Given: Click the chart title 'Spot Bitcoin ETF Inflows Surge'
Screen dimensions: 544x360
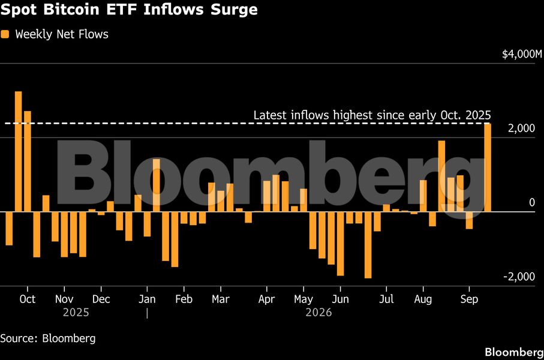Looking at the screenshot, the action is pyautogui.click(x=129, y=10).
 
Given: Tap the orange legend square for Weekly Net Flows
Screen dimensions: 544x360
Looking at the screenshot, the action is pyautogui.click(x=5, y=34).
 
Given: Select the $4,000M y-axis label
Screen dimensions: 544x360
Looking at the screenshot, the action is pyautogui.click(x=521, y=54).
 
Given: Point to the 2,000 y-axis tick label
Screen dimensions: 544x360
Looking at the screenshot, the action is pyautogui.click(x=521, y=128).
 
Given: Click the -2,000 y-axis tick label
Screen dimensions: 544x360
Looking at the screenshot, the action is pyautogui.click(x=519, y=277).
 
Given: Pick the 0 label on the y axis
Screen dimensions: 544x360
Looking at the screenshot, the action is pyautogui.click(x=532, y=202).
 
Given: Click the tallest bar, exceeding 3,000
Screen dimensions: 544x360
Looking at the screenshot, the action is pyautogui.click(x=19, y=151).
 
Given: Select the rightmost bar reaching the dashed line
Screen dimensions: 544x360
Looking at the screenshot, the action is pyautogui.click(x=488, y=167).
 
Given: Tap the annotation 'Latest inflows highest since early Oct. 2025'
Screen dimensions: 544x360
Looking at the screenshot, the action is pyautogui.click(x=372, y=115).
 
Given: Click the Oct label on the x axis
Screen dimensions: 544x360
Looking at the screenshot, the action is pyautogui.click(x=28, y=299).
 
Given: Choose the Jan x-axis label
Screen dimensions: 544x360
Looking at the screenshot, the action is pyautogui.click(x=147, y=299).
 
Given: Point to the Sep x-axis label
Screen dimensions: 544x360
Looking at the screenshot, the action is pyautogui.click(x=469, y=299).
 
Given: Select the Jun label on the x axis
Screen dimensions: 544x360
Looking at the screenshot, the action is pyautogui.click(x=340, y=299).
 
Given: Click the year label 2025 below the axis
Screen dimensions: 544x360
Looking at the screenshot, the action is pyautogui.click(x=76, y=313).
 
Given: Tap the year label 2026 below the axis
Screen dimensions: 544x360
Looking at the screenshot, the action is pyautogui.click(x=318, y=313).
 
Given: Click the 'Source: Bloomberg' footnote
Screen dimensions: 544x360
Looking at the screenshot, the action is pyautogui.click(x=48, y=338).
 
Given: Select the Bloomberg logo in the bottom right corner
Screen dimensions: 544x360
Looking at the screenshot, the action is pyautogui.click(x=514, y=352).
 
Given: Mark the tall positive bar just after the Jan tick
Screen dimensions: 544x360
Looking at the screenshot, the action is pyautogui.click(x=156, y=185).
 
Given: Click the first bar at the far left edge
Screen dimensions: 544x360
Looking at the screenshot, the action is pyautogui.click(x=9, y=229).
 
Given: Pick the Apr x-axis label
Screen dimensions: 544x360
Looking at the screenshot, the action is pyautogui.click(x=266, y=299).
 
